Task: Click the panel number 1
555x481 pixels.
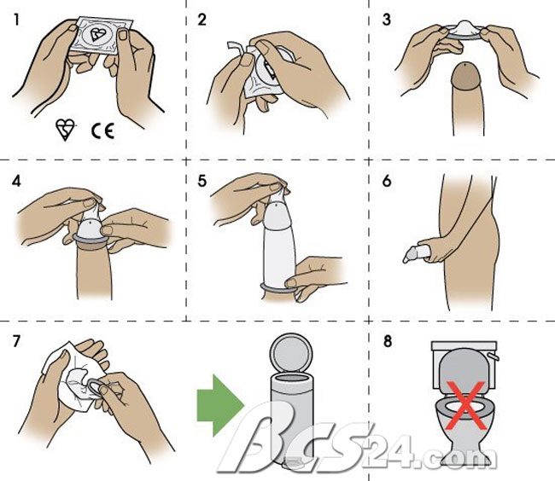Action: click(16, 20)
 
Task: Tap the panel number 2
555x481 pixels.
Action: click(202, 20)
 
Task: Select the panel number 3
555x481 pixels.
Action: click(387, 20)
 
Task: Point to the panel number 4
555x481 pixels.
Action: click(16, 181)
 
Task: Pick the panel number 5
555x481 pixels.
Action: click(202, 181)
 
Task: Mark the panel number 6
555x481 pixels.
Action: click(387, 181)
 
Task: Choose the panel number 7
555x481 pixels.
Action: click(16, 341)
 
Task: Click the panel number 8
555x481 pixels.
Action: click(388, 341)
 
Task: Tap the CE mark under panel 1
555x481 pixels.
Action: click(103, 131)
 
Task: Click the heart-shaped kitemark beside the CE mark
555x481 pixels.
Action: click(66, 130)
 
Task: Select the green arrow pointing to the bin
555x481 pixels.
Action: click(220, 405)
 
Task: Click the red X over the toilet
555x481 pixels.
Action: click(466, 405)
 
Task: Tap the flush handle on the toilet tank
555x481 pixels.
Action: click(493, 356)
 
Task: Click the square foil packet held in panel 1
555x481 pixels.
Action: click(102, 35)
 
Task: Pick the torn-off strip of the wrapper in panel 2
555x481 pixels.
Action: click(236, 50)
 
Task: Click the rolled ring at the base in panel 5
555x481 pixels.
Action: click(279, 288)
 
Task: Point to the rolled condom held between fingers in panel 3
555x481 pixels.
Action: click(464, 31)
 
